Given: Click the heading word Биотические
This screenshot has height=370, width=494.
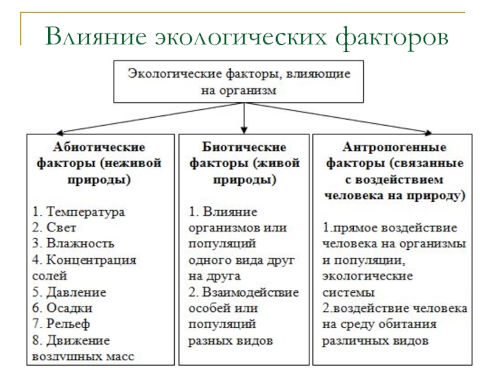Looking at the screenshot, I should [245, 147].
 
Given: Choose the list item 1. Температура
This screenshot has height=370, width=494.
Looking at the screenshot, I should [78, 212].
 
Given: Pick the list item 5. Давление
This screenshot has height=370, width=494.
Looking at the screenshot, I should [69, 292].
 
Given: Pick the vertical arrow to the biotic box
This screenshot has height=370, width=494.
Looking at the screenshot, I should [244, 117].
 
